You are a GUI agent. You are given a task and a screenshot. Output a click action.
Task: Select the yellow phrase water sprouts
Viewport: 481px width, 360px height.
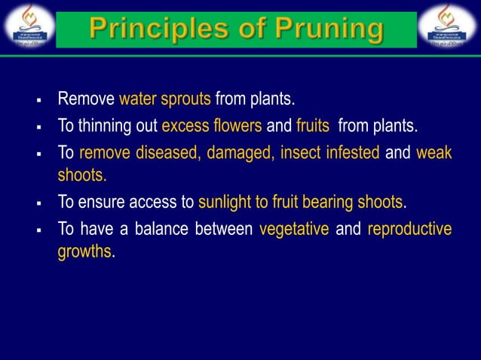click(x=164, y=99)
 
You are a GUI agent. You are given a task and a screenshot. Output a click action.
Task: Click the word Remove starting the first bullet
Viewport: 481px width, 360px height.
click(x=86, y=99)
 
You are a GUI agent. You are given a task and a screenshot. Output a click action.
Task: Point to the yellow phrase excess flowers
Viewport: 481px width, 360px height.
click(x=212, y=126)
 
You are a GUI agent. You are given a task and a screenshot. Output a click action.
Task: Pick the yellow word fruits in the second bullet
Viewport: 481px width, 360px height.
click(x=313, y=126)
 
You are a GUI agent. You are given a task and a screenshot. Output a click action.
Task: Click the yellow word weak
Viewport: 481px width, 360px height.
click(x=434, y=153)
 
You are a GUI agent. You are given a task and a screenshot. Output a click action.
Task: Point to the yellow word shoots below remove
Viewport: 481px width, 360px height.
click(x=82, y=176)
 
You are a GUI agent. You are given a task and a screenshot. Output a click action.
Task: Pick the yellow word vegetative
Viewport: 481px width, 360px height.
click(x=293, y=229)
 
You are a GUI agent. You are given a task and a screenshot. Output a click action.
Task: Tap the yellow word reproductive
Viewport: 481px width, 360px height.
click(x=409, y=229)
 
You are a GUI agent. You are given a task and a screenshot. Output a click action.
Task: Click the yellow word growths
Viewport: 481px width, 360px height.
click(x=84, y=252)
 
